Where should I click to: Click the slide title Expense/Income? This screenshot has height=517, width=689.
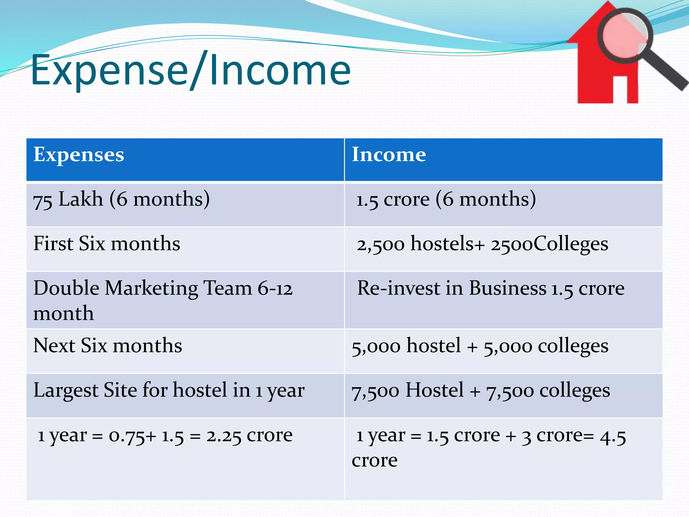(x=190, y=71)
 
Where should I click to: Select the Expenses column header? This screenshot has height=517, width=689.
(x=79, y=155)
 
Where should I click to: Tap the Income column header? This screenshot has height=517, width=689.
(x=389, y=155)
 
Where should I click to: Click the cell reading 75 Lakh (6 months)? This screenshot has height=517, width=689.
(x=121, y=199)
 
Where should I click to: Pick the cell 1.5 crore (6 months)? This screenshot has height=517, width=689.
(x=446, y=199)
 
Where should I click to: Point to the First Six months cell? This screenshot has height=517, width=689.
(x=107, y=244)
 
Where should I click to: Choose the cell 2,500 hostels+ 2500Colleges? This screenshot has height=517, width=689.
(x=482, y=244)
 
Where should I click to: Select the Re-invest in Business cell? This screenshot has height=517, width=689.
(x=491, y=288)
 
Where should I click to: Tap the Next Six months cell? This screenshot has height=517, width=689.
(x=108, y=346)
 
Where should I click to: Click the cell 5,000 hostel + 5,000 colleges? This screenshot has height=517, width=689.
(x=480, y=346)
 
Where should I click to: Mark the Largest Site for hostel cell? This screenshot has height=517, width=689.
(x=169, y=390)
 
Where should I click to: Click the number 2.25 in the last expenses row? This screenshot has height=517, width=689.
(x=224, y=436)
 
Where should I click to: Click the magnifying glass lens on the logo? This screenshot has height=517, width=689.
(x=625, y=35)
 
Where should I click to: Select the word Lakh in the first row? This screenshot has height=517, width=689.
(x=81, y=199)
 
